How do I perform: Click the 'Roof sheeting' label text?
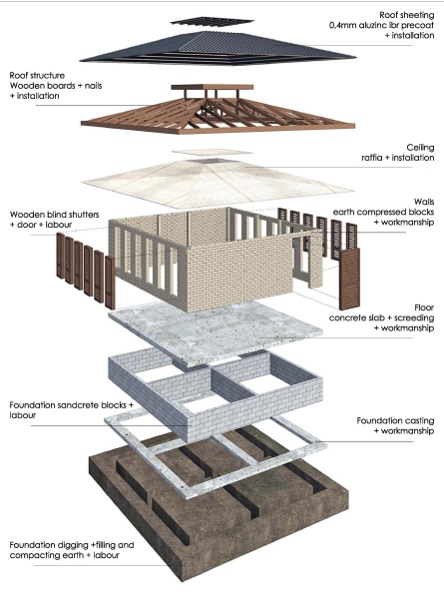[x=407, y=15]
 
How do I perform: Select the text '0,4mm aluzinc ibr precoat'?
[x=382, y=25]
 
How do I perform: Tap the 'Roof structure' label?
[x=37, y=75]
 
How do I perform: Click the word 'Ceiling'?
[x=420, y=148]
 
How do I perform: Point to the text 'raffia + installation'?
[x=398, y=158]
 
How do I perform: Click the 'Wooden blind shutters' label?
[x=54, y=215]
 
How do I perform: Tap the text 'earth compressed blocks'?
[x=383, y=212]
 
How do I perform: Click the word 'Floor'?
[x=424, y=307]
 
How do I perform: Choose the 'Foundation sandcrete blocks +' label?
[x=72, y=405]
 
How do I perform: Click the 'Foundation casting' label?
[x=395, y=421]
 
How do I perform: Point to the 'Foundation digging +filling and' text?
[x=72, y=545]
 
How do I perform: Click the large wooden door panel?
[x=349, y=279]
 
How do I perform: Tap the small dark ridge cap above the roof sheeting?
[x=212, y=21]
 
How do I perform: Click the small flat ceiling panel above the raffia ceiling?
[x=212, y=152]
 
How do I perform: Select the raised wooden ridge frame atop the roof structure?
[x=213, y=91]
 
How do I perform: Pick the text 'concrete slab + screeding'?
[x=381, y=317]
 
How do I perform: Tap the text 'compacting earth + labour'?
[x=65, y=555]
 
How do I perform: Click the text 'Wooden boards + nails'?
[x=56, y=86]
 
